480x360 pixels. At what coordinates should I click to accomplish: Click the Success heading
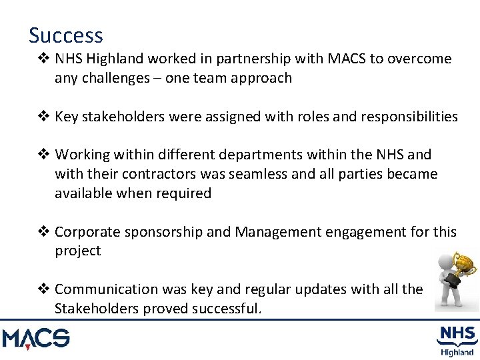[65, 35]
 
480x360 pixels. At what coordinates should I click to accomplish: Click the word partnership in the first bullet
[253, 59]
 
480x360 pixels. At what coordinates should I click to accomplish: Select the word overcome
[418, 59]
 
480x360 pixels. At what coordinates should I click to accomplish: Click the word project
[77, 251]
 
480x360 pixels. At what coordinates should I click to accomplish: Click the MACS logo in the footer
[35, 339]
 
